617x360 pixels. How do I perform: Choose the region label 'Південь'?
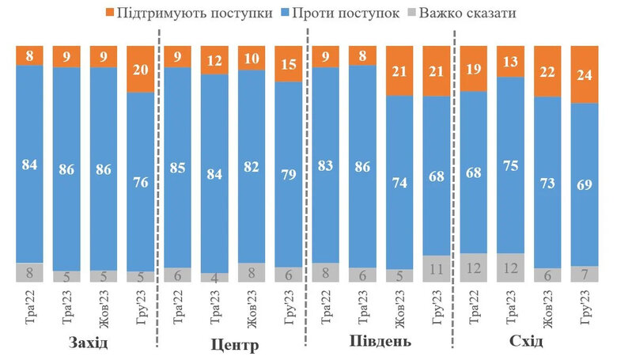tap(380, 342)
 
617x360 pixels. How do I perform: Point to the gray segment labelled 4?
tap(214, 278)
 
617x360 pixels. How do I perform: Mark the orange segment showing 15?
tap(287, 63)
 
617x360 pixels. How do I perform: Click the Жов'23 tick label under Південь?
tap(399, 309)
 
